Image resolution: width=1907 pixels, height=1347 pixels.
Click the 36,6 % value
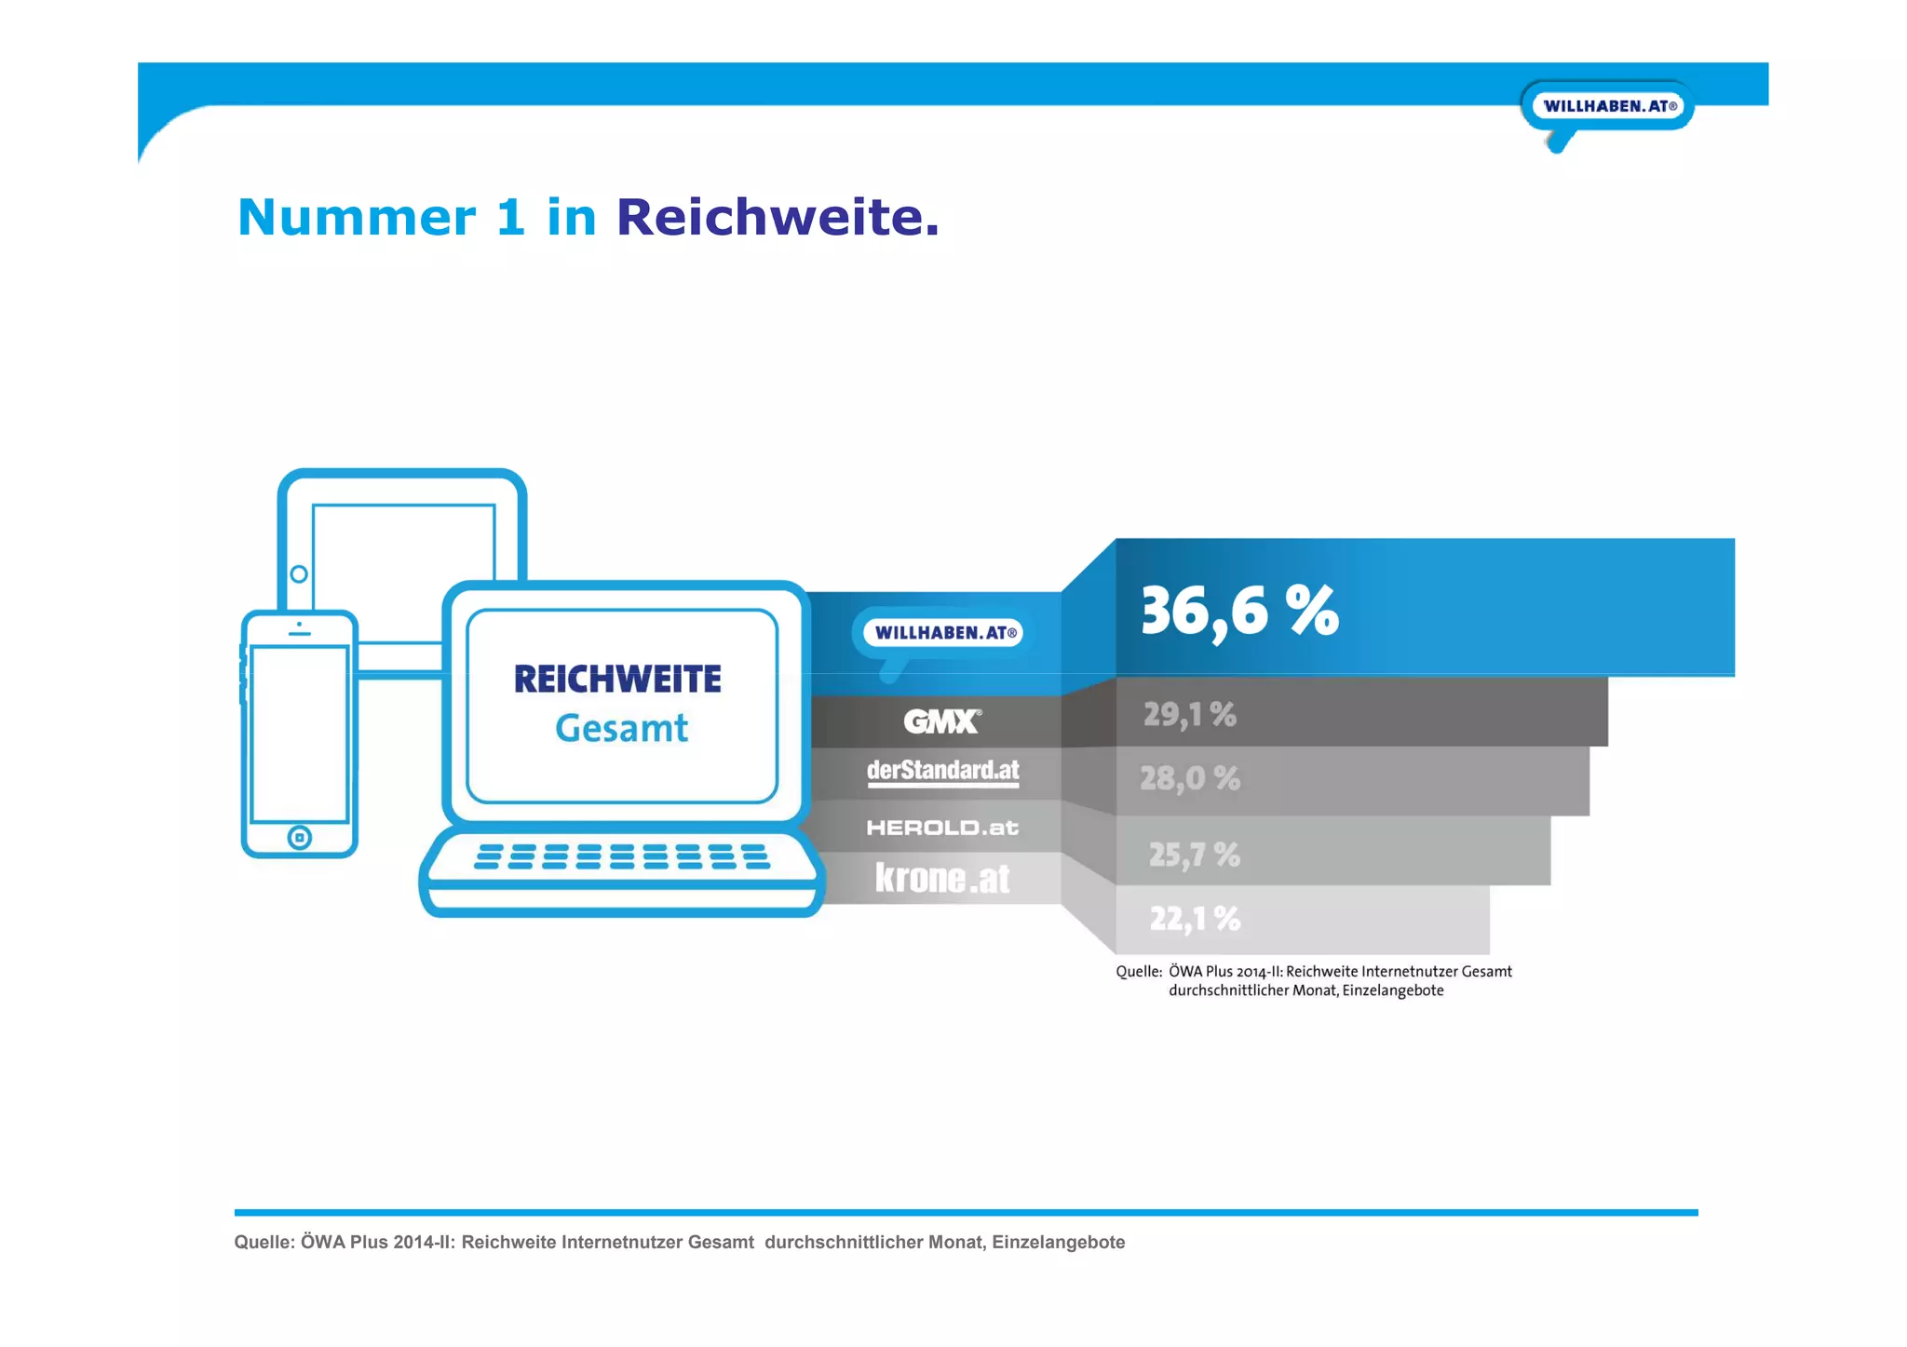[x=1239, y=613]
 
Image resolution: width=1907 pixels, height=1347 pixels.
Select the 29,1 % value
[x=1189, y=715]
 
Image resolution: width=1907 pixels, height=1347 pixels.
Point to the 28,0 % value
[x=1189, y=778]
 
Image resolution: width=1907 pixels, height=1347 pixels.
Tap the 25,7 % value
[x=1194, y=855]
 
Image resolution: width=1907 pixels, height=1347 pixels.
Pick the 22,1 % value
[x=1195, y=919]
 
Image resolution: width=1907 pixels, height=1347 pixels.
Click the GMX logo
[x=941, y=721]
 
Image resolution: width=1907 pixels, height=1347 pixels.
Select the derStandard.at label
[x=942, y=772]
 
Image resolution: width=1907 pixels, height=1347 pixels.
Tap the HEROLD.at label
[x=941, y=828]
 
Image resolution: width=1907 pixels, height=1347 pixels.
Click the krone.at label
[x=941, y=878]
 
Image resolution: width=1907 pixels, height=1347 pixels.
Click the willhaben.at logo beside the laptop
[x=941, y=633]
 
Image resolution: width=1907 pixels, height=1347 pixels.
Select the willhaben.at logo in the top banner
[x=1609, y=106]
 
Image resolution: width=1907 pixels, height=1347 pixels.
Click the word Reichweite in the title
[x=778, y=218]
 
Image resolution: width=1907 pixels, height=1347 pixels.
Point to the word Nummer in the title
[x=357, y=218]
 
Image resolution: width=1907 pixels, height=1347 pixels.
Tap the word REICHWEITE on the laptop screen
[x=617, y=680]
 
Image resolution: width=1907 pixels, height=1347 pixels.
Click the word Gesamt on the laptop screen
[x=621, y=728]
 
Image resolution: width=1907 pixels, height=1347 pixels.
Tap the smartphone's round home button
[x=299, y=838]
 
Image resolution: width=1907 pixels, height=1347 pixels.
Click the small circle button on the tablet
[x=299, y=574]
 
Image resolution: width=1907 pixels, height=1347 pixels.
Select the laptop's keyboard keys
[x=621, y=856]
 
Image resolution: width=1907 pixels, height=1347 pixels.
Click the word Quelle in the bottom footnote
[x=264, y=1242]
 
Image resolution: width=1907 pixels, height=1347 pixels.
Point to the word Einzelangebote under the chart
[x=1392, y=990]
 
